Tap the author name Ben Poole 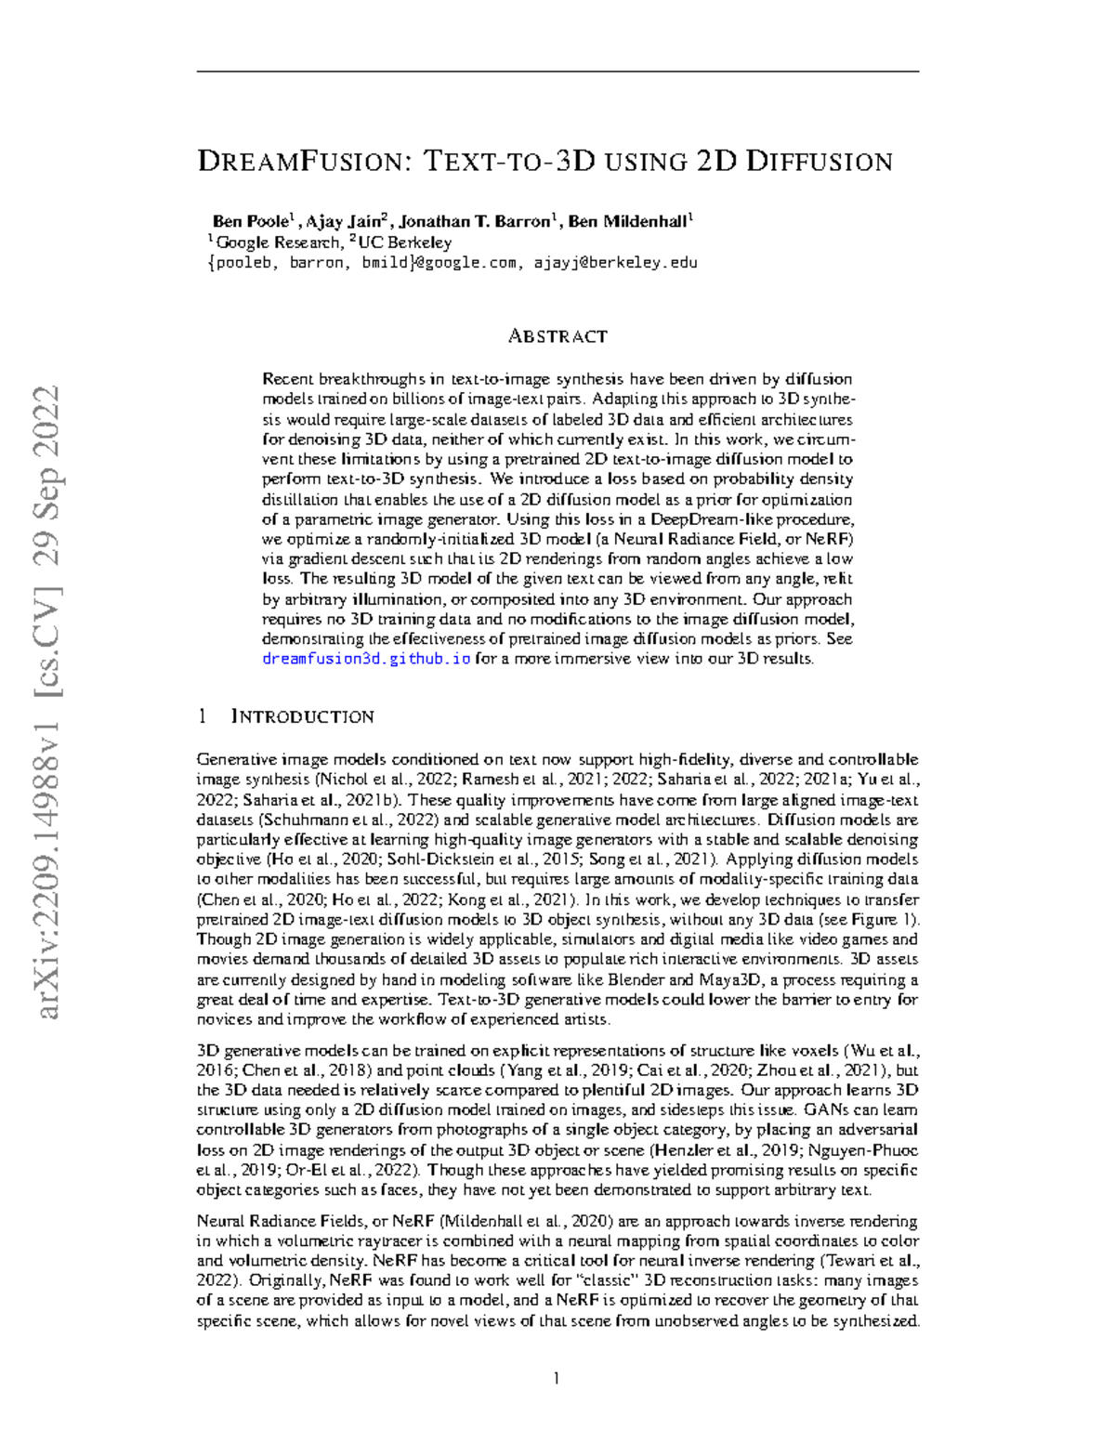tap(251, 222)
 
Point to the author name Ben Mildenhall tap(627, 222)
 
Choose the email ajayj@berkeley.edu tap(615, 263)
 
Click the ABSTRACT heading tap(557, 336)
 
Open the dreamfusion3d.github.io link tap(366, 659)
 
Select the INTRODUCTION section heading tap(302, 716)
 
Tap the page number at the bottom tap(557, 1378)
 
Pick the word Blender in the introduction tap(636, 979)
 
